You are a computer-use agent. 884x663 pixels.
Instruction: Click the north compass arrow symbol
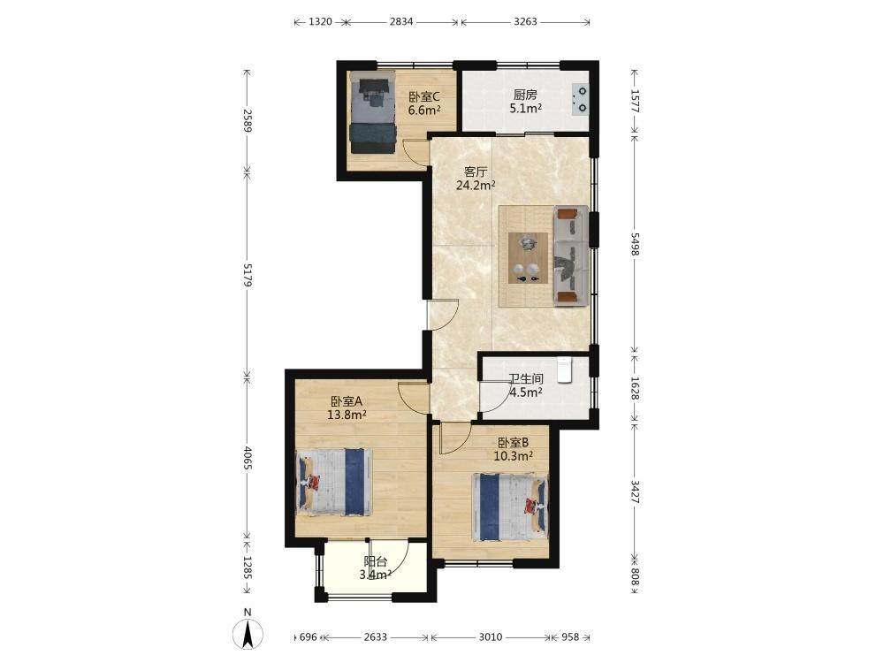pyautogui.click(x=248, y=634)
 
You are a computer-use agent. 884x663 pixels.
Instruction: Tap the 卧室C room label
pyautogui.click(x=424, y=97)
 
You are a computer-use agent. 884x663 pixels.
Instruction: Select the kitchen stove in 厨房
pyautogui.click(x=580, y=99)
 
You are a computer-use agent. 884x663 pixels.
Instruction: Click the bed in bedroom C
pyautogui.click(x=372, y=112)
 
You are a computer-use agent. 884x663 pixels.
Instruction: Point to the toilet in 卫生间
pyautogui.click(x=565, y=370)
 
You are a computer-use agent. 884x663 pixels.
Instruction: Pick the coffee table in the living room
pyautogui.click(x=529, y=257)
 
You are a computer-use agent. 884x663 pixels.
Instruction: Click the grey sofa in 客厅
pyautogui.click(x=571, y=256)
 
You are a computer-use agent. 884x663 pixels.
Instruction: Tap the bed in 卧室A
pyautogui.click(x=334, y=482)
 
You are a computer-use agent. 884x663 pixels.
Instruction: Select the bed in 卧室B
pyautogui.click(x=510, y=507)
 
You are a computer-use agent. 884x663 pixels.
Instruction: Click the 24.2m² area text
pyautogui.click(x=476, y=185)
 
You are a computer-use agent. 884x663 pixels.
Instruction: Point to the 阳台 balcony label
pyautogui.click(x=376, y=561)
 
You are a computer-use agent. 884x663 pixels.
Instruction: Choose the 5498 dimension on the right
pyautogui.click(x=636, y=244)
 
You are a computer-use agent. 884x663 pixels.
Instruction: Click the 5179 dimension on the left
pyautogui.click(x=247, y=274)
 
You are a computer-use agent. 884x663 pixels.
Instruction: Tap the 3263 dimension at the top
pyautogui.click(x=525, y=22)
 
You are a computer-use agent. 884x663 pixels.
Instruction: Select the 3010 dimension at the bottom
pyautogui.click(x=491, y=637)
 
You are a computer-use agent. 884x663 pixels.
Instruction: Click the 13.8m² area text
pyautogui.click(x=347, y=415)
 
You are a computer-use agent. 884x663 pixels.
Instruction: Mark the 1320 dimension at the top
pyautogui.click(x=320, y=22)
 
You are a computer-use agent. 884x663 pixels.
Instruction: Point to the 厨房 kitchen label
pyautogui.click(x=525, y=95)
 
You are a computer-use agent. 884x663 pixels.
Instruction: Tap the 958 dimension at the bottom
pyautogui.click(x=570, y=637)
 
